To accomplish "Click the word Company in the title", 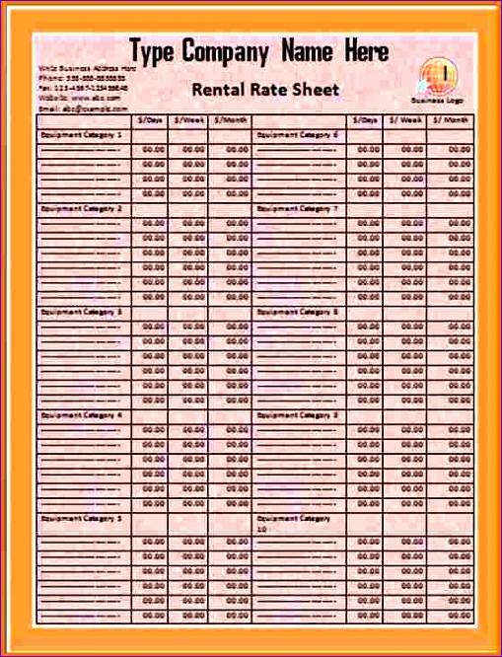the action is point(227,50).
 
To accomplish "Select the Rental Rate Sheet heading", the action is point(264,90).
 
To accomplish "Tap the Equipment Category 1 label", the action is point(81,134).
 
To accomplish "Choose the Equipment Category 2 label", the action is point(81,209).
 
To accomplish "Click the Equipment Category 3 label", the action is point(81,312).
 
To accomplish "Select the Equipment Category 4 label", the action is point(81,415).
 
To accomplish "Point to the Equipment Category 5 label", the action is point(81,518).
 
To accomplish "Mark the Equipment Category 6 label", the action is point(297,134).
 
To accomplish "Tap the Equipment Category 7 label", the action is point(297,209).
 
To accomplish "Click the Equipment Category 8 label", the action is point(297,312).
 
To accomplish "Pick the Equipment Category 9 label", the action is point(297,415).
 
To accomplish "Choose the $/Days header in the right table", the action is point(367,119).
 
